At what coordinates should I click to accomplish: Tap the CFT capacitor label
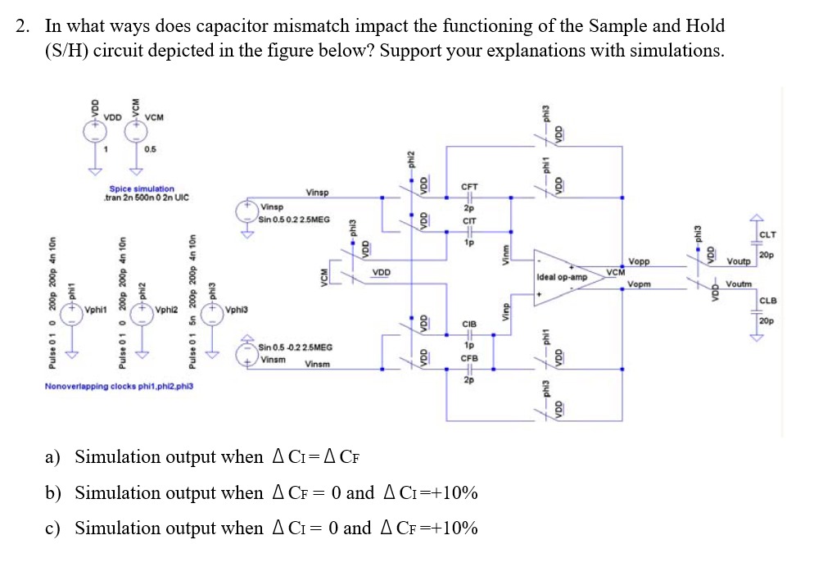point(470,188)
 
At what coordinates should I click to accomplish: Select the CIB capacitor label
point(470,324)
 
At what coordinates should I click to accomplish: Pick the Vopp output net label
point(640,262)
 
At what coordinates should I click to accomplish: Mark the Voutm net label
point(739,284)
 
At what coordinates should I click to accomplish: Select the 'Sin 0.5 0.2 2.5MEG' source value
point(294,220)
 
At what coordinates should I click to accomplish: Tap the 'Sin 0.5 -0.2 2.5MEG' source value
point(296,348)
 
